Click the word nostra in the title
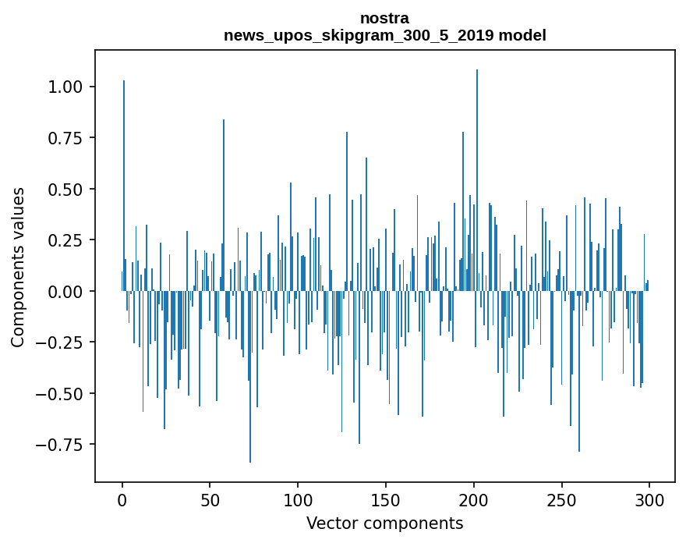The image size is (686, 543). (384, 18)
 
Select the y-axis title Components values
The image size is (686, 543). (18, 267)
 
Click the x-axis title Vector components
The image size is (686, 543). (384, 523)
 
